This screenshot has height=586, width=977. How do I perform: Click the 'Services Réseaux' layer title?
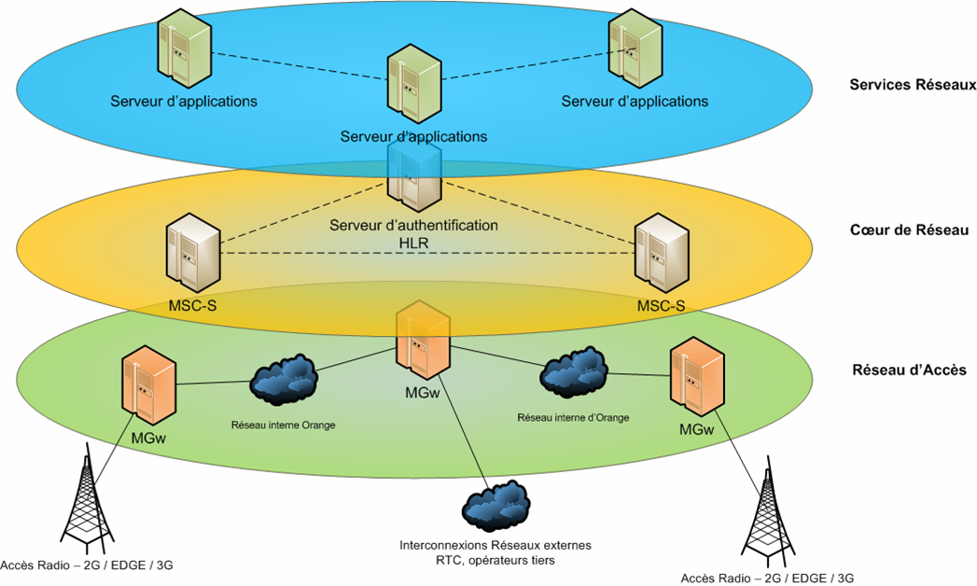point(912,85)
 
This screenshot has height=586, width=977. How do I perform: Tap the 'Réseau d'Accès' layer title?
point(908,370)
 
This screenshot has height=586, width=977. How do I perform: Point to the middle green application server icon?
point(412,85)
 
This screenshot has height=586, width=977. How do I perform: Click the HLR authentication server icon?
point(414,174)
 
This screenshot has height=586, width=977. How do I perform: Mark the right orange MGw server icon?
point(697,378)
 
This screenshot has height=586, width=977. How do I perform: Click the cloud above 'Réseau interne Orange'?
point(284,381)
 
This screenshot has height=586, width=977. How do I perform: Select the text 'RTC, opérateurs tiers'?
point(495,560)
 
